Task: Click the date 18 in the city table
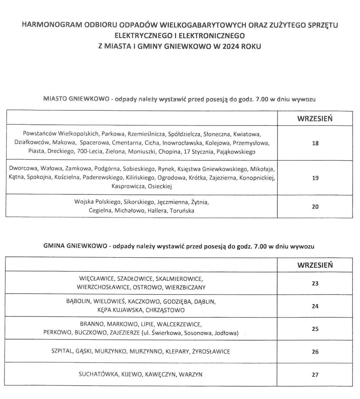point(315,143)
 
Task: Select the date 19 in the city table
point(315,178)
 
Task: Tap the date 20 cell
point(315,206)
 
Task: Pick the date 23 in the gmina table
point(315,283)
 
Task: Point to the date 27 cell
point(315,374)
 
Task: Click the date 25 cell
point(315,329)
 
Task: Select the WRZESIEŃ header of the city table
point(315,118)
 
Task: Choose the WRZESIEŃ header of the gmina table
point(315,265)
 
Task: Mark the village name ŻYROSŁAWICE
point(211,351)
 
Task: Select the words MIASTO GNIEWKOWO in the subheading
point(76,99)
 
